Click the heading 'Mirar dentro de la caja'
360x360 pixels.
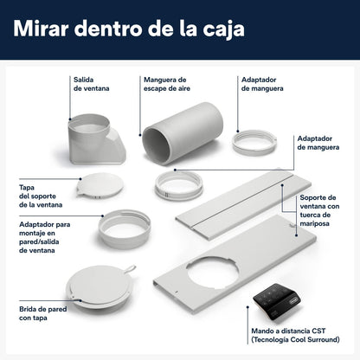tap(129, 29)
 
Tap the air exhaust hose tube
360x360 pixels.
tap(183, 133)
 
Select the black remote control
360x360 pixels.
tap(277, 301)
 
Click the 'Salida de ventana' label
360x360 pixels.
tap(91, 84)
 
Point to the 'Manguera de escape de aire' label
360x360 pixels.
tap(167, 84)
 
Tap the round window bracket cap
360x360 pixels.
tap(100, 185)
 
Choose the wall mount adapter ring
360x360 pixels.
tap(125, 228)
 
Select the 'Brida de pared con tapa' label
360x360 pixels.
tap(43, 313)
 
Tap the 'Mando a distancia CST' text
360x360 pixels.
tap(288, 331)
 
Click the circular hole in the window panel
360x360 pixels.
tap(213, 273)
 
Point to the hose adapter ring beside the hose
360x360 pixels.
tap(254, 143)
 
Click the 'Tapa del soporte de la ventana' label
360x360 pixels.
tap(41, 196)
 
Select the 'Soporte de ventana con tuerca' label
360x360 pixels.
tap(319, 206)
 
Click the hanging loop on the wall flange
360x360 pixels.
tap(130, 268)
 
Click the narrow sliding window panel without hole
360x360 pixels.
tap(243, 204)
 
